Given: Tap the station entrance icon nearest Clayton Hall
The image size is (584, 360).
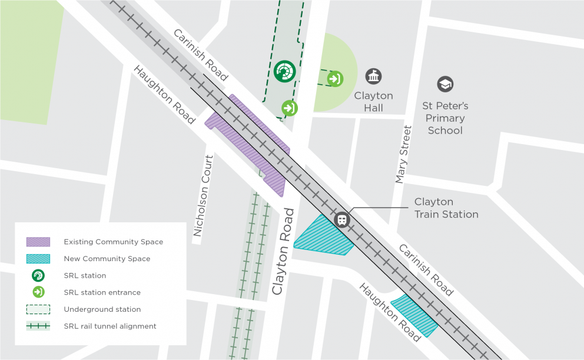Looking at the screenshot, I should pyautogui.click(x=335, y=78).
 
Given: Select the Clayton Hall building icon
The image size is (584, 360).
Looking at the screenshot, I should pyautogui.click(x=373, y=76).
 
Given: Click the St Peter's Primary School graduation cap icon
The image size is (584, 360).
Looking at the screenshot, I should pyautogui.click(x=445, y=85).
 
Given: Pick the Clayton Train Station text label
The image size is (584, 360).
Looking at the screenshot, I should pyautogui.click(x=446, y=208).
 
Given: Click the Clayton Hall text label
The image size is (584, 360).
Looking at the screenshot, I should pyautogui.click(x=373, y=102).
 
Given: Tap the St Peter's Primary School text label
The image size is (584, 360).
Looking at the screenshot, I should pyautogui.click(x=445, y=118).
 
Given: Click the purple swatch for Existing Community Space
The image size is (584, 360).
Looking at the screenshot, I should pyautogui.click(x=38, y=242).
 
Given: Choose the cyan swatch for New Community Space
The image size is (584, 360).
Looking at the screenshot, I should pyautogui.click(x=38, y=259).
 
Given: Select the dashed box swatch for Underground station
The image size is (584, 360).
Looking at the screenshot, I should pyautogui.click(x=38, y=309).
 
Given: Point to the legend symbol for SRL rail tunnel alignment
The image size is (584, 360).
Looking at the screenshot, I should pyautogui.click(x=38, y=326).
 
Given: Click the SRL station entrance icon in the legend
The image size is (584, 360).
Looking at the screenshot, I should pyautogui.click(x=38, y=292).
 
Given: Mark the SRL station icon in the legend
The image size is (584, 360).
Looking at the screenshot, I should pyautogui.click(x=38, y=275).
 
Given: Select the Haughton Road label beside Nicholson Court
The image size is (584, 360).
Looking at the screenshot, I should pyautogui.click(x=163, y=95).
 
